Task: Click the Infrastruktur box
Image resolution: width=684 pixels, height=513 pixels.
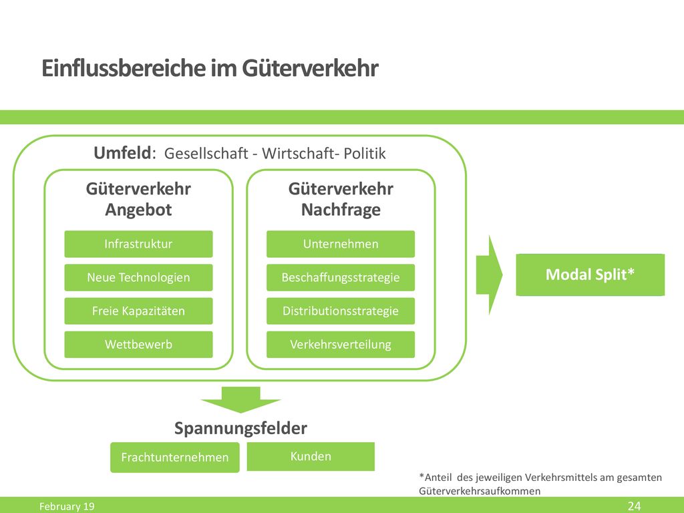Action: [x=138, y=244]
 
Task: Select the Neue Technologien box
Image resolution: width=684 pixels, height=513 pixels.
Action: [x=138, y=277]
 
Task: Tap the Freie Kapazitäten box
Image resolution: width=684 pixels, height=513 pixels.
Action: [x=138, y=311]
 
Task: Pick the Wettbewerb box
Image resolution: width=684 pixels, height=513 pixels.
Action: [x=138, y=345]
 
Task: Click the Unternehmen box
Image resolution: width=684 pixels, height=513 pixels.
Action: [x=341, y=244]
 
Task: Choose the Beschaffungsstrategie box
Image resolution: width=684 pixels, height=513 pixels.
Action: [x=341, y=277]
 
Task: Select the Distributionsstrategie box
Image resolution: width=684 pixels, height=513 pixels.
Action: [x=341, y=311]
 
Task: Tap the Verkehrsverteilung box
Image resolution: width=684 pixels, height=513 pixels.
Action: [x=341, y=345]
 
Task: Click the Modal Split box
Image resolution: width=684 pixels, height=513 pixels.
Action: [x=590, y=275]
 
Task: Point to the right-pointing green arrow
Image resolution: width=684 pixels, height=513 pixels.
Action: [x=490, y=275]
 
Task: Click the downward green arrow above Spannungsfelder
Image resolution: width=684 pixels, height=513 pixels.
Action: [x=240, y=399]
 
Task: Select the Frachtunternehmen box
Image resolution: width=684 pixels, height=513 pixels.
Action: [x=175, y=457]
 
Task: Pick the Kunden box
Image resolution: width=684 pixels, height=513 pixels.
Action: [x=311, y=456]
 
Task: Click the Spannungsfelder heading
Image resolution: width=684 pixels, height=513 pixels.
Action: [x=240, y=428]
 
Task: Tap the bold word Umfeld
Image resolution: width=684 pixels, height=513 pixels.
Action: [x=123, y=153]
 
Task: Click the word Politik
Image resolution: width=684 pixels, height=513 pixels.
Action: [x=365, y=154]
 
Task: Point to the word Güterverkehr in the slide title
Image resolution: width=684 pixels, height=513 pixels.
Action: [x=310, y=68]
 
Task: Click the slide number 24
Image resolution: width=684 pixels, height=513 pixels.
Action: [x=635, y=506]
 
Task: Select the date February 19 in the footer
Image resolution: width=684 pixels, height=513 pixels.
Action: [x=67, y=506]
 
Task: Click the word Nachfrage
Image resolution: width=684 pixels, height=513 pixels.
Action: [x=341, y=210]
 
